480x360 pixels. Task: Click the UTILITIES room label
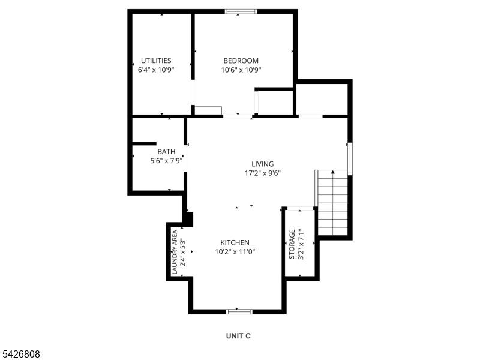click(156, 61)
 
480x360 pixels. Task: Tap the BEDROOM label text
click(241, 61)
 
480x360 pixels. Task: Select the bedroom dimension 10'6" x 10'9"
click(241, 70)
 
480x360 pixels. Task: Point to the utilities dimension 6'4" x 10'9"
click(156, 70)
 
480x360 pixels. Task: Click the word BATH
click(166, 152)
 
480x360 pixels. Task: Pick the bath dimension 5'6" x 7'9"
click(166, 161)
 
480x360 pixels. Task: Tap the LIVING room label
click(263, 164)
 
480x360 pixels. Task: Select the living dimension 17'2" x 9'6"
click(263, 173)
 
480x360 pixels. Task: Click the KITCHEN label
click(235, 243)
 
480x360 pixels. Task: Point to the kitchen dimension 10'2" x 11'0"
click(235, 252)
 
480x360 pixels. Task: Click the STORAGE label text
click(292, 244)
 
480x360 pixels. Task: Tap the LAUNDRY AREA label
click(175, 252)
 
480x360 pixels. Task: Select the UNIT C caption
click(238, 336)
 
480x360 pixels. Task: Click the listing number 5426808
click(20, 354)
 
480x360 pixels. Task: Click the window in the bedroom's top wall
click(241, 11)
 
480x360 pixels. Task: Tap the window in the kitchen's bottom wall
click(239, 311)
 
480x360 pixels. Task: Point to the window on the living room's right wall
click(350, 158)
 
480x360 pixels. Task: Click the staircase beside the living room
click(332, 203)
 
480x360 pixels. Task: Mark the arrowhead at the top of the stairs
click(333, 172)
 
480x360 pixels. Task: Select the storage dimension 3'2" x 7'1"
click(301, 244)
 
